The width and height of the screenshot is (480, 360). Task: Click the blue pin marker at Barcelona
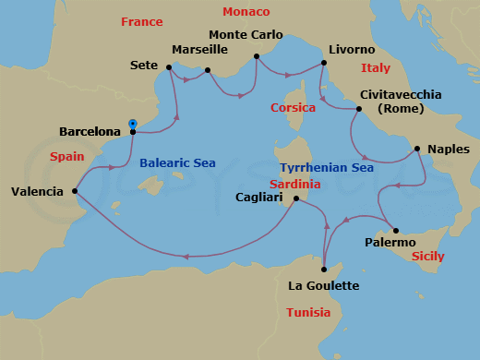pos(133,125)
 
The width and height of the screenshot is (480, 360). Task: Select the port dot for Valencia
pos(74,192)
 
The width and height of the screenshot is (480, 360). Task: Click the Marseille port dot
pos(208,70)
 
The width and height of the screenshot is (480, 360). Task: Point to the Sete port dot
pos(169,66)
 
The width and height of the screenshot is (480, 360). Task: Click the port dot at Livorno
pos(324,63)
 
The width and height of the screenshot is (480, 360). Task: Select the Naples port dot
pos(417,148)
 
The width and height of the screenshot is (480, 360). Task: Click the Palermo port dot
pos(396,231)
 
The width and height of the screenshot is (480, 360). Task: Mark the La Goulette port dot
pos(324,269)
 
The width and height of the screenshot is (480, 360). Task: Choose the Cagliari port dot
pos(295,198)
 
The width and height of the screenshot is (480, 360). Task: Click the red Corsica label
pos(294,108)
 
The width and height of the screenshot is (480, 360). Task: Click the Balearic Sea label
pos(177,163)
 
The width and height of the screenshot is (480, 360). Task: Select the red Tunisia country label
pos(307,313)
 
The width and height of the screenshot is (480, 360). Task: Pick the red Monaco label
pos(246,12)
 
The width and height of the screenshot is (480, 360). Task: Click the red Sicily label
pos(427,257)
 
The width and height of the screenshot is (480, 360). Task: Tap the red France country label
pos(141,21)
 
